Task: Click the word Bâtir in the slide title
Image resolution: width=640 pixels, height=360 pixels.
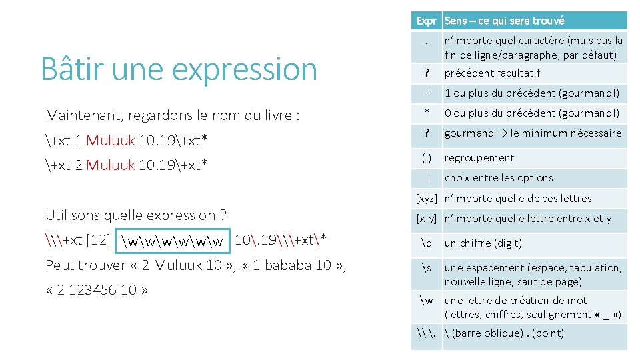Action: (68, 69)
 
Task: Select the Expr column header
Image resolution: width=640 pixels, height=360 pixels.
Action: (427, 21)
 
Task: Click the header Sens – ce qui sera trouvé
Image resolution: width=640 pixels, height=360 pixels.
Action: (504, 21)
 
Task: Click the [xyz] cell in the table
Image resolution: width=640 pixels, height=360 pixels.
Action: (427, 198)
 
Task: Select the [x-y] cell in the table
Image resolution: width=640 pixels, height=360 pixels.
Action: (427, 218)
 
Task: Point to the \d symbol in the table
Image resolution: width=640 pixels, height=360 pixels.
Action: (427, 243)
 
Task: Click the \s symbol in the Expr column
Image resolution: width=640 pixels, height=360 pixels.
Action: (427, 268)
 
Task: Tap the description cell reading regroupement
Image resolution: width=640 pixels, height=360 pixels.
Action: (479, 158)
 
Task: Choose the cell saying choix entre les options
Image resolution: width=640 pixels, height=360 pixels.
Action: (499, 178)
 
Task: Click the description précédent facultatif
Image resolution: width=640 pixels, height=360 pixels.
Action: (492, 73)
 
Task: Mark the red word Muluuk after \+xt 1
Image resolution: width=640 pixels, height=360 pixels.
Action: (111, 140)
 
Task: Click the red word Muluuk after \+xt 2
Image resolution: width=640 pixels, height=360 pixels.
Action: (111, 165)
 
